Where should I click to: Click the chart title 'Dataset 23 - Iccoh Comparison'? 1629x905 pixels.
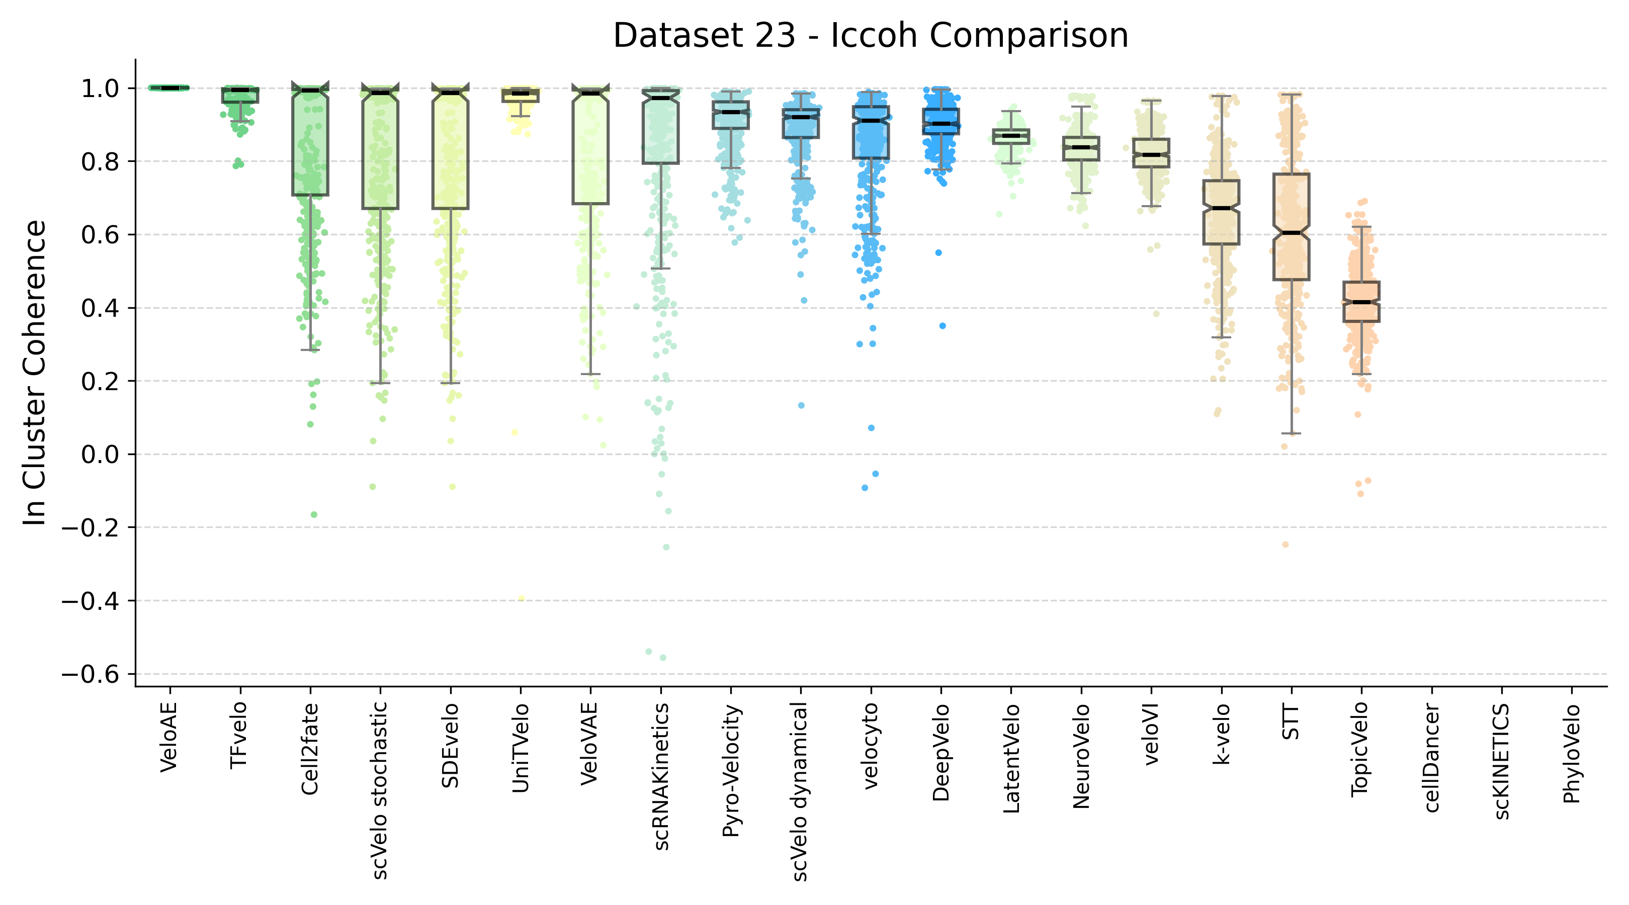point(870,35)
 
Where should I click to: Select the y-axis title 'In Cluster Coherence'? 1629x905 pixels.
point(34,373)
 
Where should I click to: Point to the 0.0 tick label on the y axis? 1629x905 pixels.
point(100,455)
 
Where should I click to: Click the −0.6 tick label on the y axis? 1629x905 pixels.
point(90,674)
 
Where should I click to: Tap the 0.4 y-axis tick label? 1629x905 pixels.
point(100,308)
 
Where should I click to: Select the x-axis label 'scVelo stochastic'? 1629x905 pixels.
point(379,790)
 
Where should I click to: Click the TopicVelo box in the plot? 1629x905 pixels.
point(1361,302)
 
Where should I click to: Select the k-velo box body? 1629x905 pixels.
point(1221,212)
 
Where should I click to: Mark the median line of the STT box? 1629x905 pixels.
point(1292,233)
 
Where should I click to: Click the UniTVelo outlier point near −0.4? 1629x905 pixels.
point(521,598)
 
